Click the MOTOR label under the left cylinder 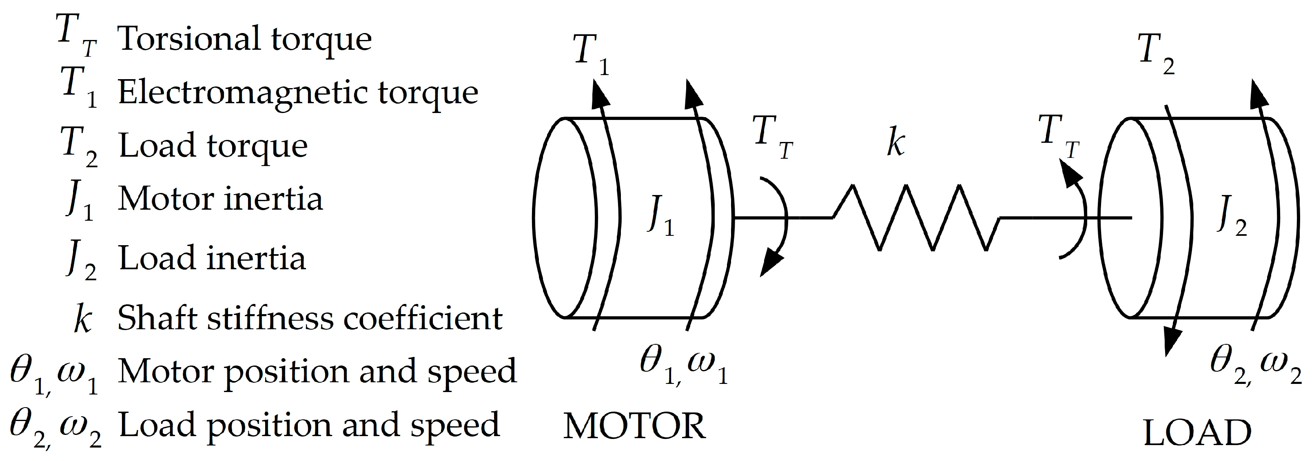(x=634, y=426)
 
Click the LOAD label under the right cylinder (x=1197, y=433)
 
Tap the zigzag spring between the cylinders (x=915, y=218)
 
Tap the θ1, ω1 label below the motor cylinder (x=684, y=368)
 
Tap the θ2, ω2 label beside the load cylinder (x=1255, y=368)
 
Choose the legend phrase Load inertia (x=212, y=257)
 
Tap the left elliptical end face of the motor (x=565, y=218)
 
